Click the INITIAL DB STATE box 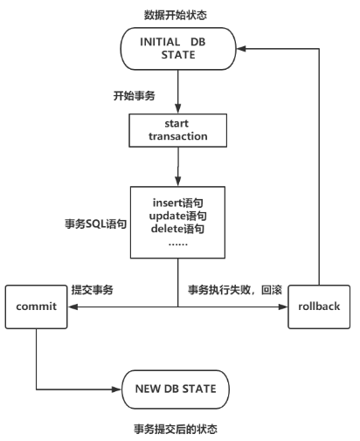[x=178, y=49]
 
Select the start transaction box [x=178, y=130]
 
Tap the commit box [x=37, y=307]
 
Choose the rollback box [x=319, y=307]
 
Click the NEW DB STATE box [x=176, y=389]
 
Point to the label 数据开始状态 [x=176, y=15]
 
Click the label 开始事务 [x=134, y=95]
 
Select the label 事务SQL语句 [x=95, y=224]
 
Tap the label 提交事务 [x=92, y=290]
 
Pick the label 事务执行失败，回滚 [x=235, y=290]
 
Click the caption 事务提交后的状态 [x=176, y=429]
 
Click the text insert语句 [x=177, y=203]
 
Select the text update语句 [x=177, y=216]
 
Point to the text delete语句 [x=177, y=229]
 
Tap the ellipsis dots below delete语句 [x=178, y=244]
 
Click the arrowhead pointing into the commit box [x=73, y=307]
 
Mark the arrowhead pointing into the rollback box [x=283, y=307]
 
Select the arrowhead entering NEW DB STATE [x=116, y=389]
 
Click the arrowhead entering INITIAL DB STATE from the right [x=241, y=49]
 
